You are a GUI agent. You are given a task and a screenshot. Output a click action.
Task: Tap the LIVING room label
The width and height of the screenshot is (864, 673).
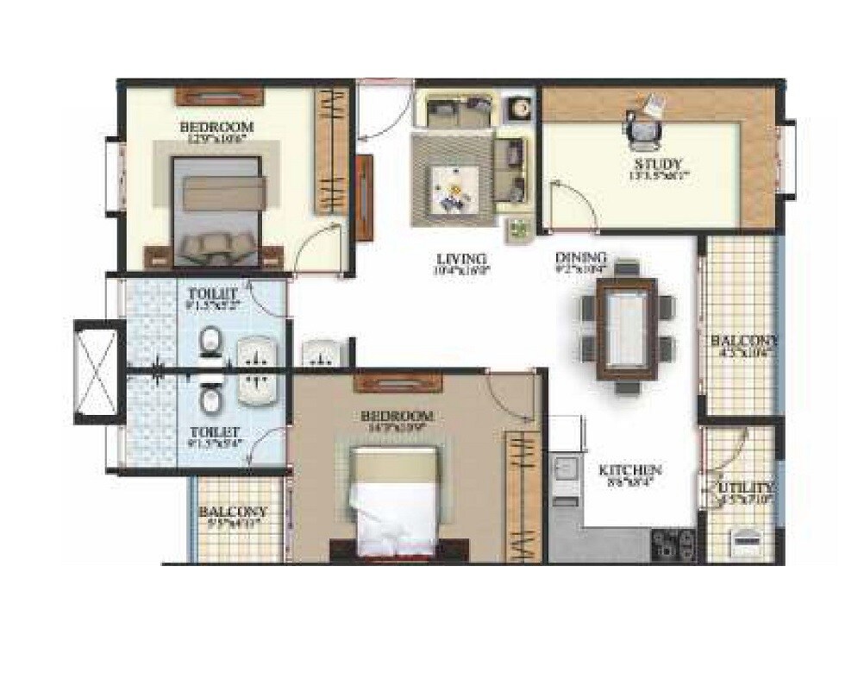(461, 259)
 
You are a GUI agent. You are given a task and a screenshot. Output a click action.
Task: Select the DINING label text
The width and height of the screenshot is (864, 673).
(580, 258)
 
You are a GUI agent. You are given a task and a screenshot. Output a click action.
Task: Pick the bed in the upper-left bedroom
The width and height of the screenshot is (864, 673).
(216, 210)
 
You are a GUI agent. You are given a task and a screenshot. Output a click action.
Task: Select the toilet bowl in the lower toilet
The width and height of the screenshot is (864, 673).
(210, 399)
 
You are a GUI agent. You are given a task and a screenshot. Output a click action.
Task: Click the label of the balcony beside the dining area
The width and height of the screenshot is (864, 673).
(743, 341)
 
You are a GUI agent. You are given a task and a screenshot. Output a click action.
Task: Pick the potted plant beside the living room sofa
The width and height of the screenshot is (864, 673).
(518, 230)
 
